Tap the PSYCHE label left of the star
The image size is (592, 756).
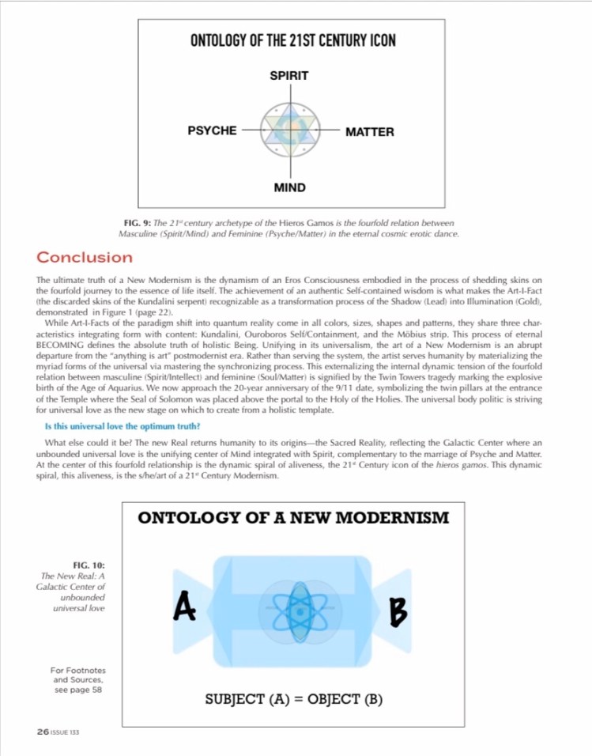(x=211, y=130)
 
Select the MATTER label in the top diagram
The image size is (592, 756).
(x=370, y=132)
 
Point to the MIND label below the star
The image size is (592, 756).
(x=289, y=187)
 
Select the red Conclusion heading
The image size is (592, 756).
(x=85, y=257)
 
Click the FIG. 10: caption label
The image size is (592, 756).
(x=89, y=565)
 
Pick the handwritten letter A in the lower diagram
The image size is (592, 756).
(x=184, y=608)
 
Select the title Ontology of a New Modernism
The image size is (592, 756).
(x=293, y=518)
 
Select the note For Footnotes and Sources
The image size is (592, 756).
(x=77, y=679)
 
